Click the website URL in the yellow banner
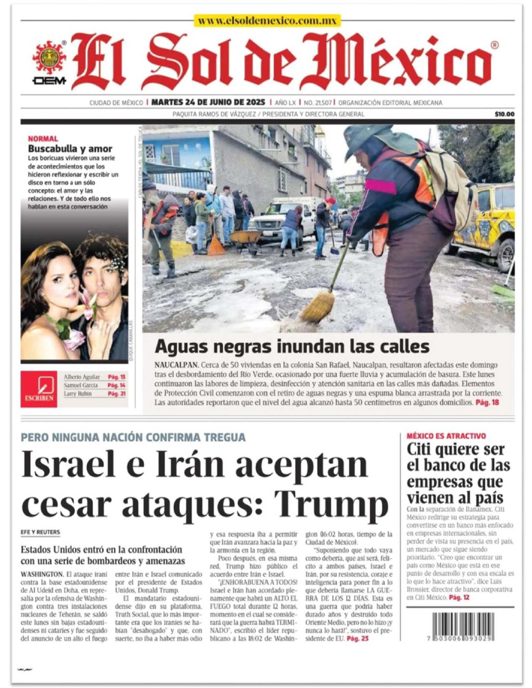tap(267, 21)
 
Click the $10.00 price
tap(504, 114)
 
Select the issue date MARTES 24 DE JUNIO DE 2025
tap(208, 102)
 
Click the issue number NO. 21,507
tap(318, 103)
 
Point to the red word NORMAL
tap(43, 139)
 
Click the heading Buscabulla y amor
tap(70, 149)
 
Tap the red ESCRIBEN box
tap(39, 389)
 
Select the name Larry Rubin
tap(78, 394)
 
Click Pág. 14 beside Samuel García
tap(116, 385)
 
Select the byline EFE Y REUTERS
tap(40, 532)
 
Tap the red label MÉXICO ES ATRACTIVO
tap(446, 436)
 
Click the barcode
tap(463, 627)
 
